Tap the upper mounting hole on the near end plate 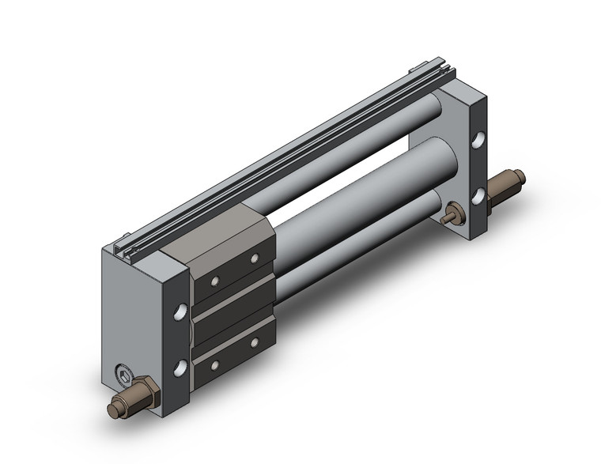(x=181, y=310)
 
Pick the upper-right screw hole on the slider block (x=254, y=258)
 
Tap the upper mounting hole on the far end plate (x=478, y=143)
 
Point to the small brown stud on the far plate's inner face (x=454, y=213)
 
